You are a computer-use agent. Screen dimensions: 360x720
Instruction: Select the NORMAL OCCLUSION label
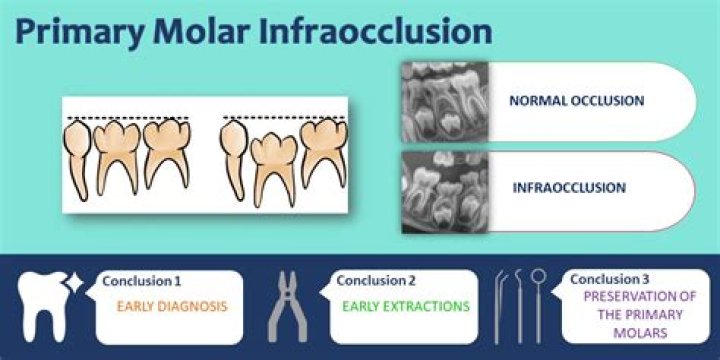click(x=576, y=101)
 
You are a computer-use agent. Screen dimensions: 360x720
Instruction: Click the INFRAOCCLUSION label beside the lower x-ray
click(x=569, y=187)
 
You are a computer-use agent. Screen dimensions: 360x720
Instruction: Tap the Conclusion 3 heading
click(x=613, y=279)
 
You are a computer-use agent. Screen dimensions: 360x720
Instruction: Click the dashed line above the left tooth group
click(x=125, y=119)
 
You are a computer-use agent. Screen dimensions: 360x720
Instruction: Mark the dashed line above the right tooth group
click(x=284, y=117)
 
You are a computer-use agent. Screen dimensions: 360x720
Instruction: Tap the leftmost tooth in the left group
click(x=78, y=155)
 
